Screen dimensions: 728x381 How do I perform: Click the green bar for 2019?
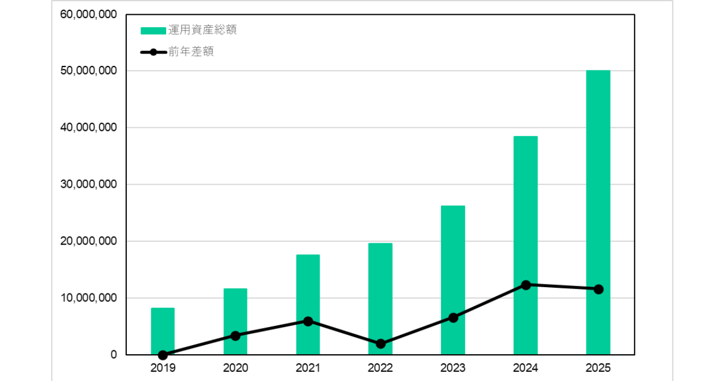tap(163, 331)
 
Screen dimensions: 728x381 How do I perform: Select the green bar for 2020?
tap(235, 321)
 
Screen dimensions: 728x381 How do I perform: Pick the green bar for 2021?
tap(308, 304)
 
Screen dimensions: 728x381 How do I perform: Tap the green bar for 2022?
tap(380, 299)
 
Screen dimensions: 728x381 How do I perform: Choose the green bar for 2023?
tap(453, 280)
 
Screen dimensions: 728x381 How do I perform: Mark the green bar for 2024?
tap(526, 245)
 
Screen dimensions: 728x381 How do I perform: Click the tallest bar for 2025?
tap(598, 212)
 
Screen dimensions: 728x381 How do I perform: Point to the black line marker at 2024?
tap(526, 285)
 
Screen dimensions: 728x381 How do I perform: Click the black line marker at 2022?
tap(380, 344)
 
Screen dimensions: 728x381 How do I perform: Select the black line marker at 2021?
tap(308, 321)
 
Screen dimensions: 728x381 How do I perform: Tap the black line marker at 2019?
tap(163, 355)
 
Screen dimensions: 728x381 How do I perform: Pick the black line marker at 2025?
tap(598, 289)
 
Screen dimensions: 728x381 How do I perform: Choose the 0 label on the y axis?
tap(113, 355)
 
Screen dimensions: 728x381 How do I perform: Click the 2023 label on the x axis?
tap(453, 368)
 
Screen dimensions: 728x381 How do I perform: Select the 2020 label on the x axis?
tap(235, 368)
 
